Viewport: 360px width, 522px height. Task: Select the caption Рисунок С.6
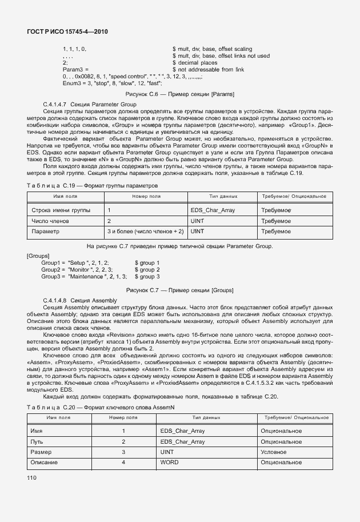(179, 94)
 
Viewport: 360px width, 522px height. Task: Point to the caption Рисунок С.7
(179, 290)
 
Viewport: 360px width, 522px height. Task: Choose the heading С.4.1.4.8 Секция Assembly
(80, 301)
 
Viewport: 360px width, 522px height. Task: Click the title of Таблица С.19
(92, 186)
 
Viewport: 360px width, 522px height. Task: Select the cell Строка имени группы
(61, 210)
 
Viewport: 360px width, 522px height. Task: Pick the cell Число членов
(50, 221)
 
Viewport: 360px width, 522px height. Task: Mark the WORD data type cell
(169, 461)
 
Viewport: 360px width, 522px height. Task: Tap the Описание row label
(43, 461)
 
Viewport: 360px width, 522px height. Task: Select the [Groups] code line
(38, 256)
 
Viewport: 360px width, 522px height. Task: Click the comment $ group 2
(147, 269)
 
